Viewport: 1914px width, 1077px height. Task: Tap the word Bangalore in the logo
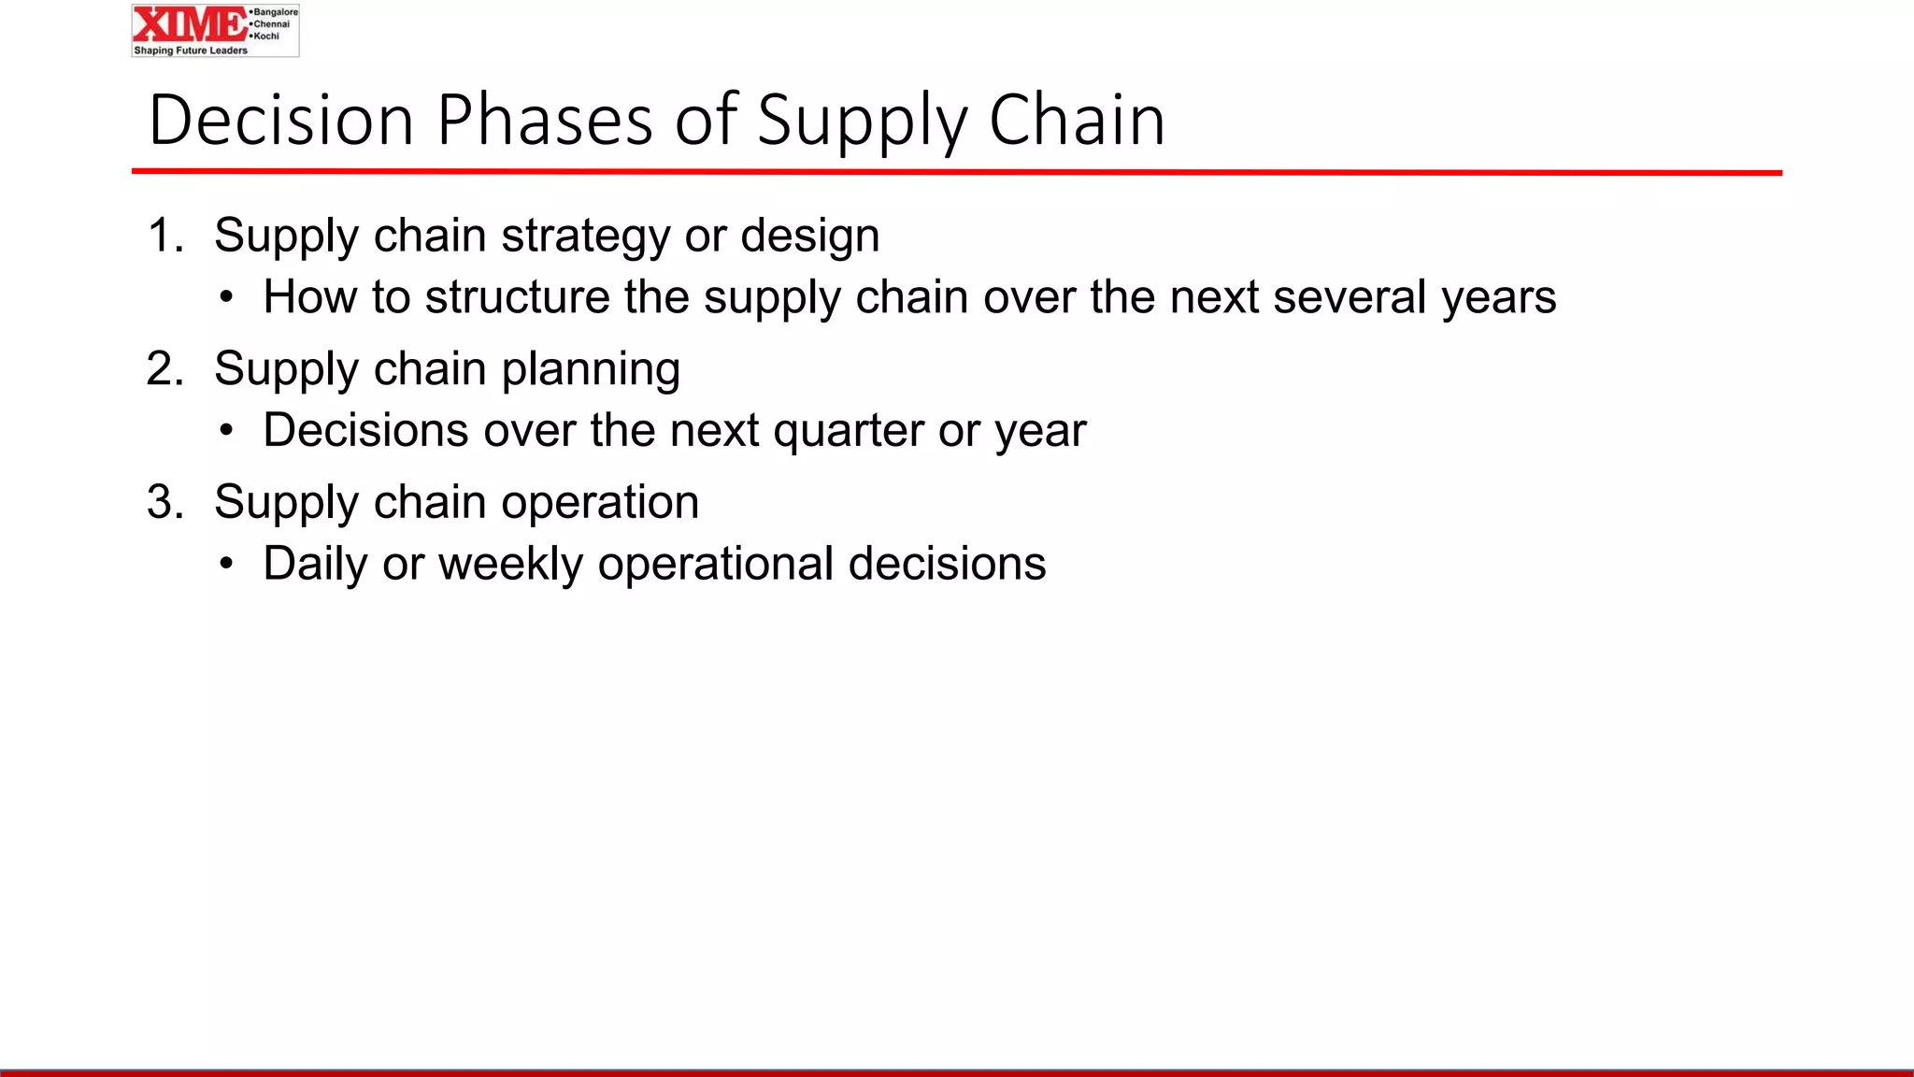click(275, 12)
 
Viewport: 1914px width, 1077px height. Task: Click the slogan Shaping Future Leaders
click(191, 50)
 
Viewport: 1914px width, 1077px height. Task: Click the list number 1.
click(164, 235)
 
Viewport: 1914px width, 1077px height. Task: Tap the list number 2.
click(164, 368)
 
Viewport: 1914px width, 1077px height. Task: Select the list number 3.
click(164, 502)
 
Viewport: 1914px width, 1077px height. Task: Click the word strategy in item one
click(585, 237)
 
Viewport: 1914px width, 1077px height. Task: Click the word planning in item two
click(591, 370)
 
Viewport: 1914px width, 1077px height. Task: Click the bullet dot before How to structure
click(226, 298)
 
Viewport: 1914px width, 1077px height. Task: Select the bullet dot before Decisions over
click(226, 431)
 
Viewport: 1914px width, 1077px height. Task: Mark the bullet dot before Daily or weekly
click(226, 565)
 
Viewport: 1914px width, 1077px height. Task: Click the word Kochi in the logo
click(266, 36)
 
